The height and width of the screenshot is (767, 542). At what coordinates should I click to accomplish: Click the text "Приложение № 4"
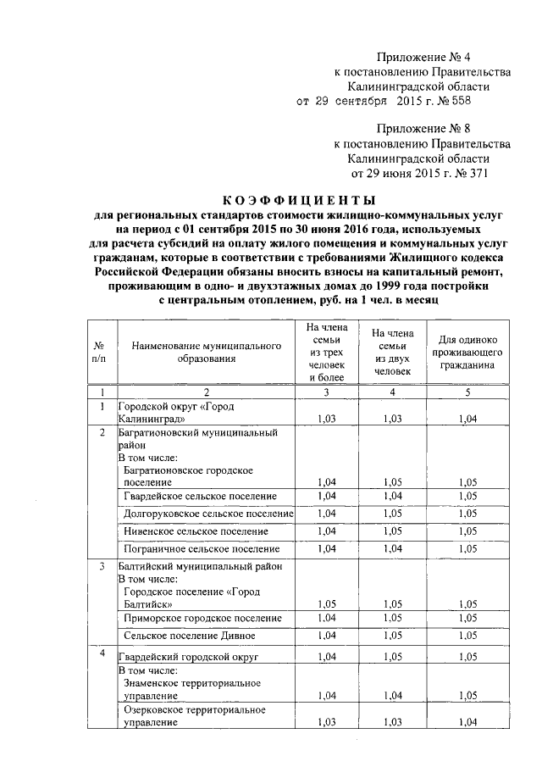(x=423, y=57)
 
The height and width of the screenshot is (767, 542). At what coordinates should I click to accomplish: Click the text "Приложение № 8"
(x=423, y=130)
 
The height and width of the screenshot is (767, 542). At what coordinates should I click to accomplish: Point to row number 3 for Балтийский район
(x=102, y=566)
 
